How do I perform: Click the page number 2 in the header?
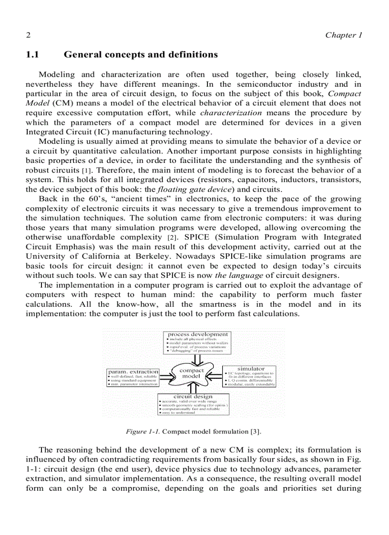coord(28,35)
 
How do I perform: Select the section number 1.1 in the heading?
coord(32,55)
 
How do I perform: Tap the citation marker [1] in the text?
coord(86,171)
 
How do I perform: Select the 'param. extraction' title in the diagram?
coord(133,371)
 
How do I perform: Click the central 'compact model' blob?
coord(191,373)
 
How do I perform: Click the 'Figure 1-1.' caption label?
coord(141,432)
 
